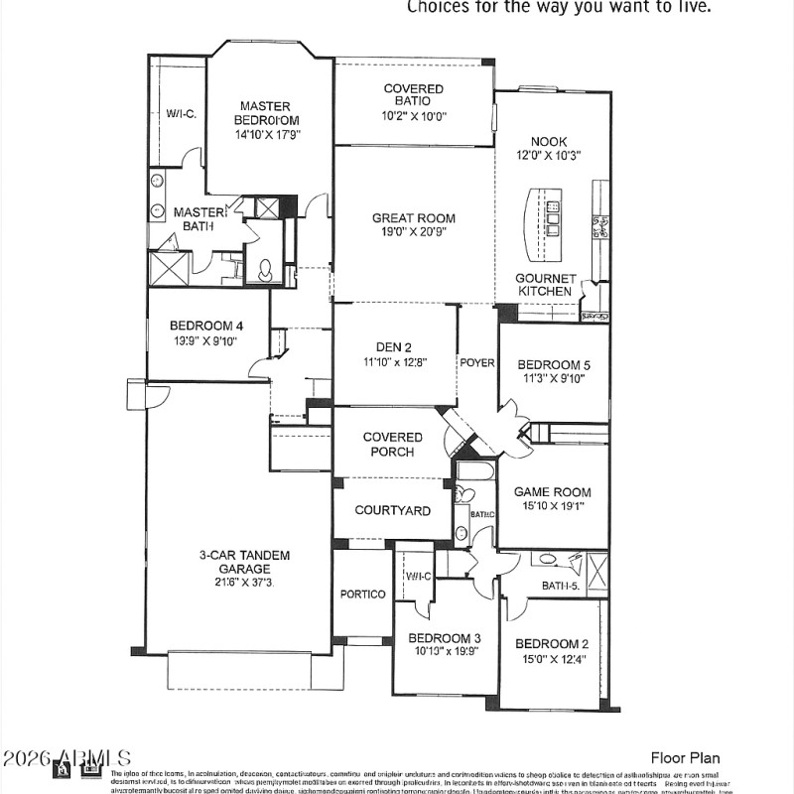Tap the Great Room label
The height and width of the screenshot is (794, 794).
tap(414, 218)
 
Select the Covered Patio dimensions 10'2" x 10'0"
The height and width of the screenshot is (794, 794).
tap(414, 116)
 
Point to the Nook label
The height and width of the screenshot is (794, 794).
tap(549, 142)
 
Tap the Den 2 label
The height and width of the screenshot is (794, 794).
tap(394, 347)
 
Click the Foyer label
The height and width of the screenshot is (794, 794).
tap(477, 362)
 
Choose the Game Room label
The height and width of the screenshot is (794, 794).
tap(552, 491)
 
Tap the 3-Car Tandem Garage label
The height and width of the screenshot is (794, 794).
tap(244, 562)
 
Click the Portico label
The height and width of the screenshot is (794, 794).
tap(362, 595)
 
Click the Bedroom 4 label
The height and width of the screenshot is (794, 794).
tap(206, 326)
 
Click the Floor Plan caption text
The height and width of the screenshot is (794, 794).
tap(685, 758)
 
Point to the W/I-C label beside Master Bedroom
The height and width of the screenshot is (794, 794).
tap(181, 114)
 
